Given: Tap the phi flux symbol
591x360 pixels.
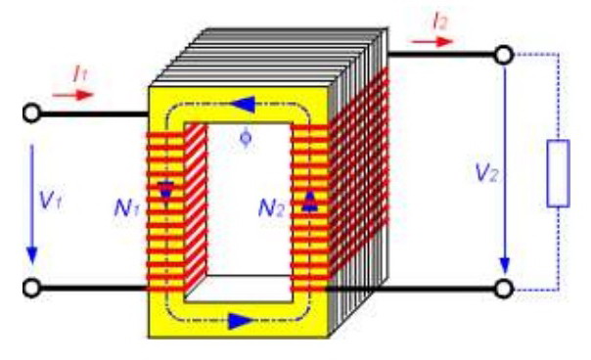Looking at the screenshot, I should [x=245, y=137].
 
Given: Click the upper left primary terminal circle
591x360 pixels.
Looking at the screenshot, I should [x=31, y=113].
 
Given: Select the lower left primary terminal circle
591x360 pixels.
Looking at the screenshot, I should [x=31, y=289].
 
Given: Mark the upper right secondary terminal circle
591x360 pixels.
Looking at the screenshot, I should [x=504, y=55].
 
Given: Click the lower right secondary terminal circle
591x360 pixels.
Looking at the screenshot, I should [x=504, y=289].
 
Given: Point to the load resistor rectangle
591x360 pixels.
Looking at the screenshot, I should [x=558, y=173].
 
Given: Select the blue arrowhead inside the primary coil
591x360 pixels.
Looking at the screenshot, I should [x=165, y=192].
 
